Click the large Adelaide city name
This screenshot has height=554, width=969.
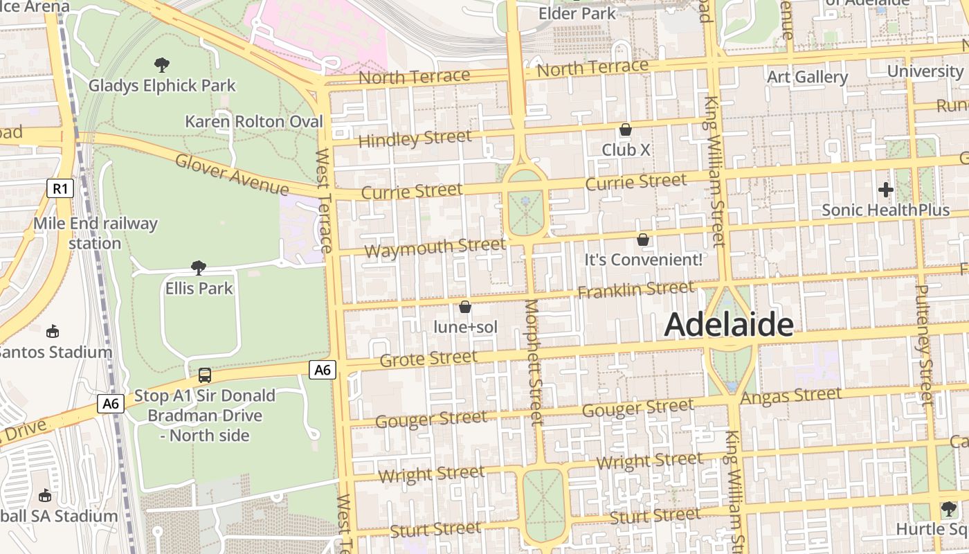(x=729, y=325)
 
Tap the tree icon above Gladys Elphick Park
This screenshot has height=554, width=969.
(x=162, y=65)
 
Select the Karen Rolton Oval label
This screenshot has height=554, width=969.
(x=254, y=122)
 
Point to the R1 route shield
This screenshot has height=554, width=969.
(x=60, y=188)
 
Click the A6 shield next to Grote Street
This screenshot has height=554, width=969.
(x=323, y=370)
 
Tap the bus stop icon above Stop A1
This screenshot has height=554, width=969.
(x=205, y=375)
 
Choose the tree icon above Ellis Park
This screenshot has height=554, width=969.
(x=199, y=267)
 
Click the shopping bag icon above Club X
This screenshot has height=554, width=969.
(x=626, y=129)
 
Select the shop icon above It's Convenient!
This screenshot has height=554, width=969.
(x=643, y=240)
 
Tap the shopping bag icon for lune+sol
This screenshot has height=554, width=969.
(x=465, y=307)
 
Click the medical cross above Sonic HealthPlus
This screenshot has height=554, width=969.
(x=885, y=189)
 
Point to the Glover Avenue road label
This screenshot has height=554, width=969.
(x=232, y=175)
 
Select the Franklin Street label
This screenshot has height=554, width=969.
(x=635, y=289)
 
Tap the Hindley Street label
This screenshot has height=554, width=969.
(x=415, y=138)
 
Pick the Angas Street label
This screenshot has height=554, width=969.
(x=791, y=396)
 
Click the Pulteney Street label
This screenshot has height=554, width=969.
(x=924, y=344)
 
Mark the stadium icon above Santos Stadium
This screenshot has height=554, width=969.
(x=52, y=331)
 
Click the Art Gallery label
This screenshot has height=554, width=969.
(x=807, y=77)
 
